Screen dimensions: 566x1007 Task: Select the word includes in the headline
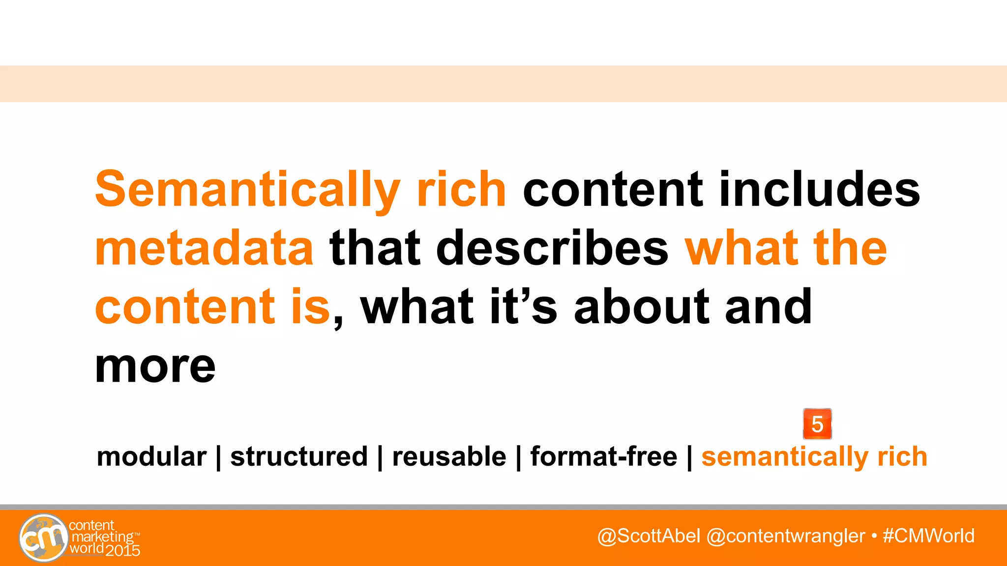pyautogui.click(x=819, y=189)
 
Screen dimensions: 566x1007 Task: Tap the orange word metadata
pyautogui.click(x=204, y=248)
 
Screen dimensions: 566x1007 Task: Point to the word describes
pyautogui.click(x=552, y=248)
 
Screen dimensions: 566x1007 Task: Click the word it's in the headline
pyautogui.click(x=523, y=307)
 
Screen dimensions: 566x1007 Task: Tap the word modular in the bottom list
pyautogui.click(x=151, y=456)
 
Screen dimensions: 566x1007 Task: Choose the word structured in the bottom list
pyautogui.click(x=299, y=456)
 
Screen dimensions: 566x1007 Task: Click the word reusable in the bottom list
pyautogui.click(x=449, y=456)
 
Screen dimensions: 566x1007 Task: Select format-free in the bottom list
pyautogui.click(x=603, y=456)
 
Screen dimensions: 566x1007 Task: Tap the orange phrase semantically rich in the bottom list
pyautogui.click(x=814, y=456)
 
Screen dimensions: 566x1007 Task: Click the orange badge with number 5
pyautogui.click(x=817, y=424)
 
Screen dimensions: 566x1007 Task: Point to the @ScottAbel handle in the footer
pyautogui.click(x=649, y=536)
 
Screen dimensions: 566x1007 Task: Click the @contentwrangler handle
pyautogui.click(x=785, y=536)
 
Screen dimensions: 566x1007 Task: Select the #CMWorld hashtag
pyautogui.click(x=928, y=536)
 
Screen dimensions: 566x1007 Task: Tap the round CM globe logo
pyautogui.click(x=43, y=538)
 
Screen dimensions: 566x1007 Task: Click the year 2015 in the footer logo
pyautogui.click(x=123, y=550)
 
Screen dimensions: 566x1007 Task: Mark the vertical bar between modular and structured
pyautogui.click(x=218, y=457)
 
